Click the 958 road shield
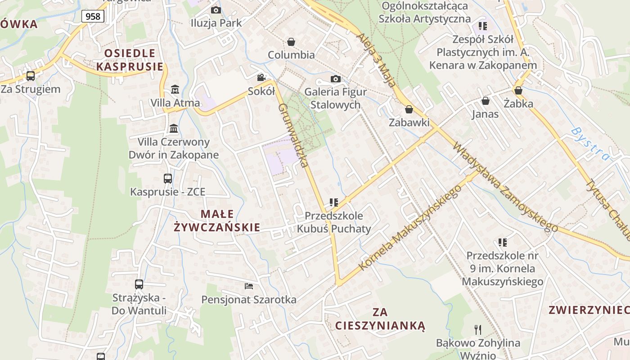(x=93, y=17)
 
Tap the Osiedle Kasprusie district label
(x=130, y=60)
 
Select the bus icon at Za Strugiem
(x=31, y=76)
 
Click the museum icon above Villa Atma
(x=175, y=89)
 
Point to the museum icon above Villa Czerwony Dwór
(x=174, y=129)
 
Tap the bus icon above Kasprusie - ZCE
(x=168, y=178)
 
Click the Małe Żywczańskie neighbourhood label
(x=217, y=220)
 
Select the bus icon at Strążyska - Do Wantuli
(x=139, y=284)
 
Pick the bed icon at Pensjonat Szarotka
(x=249, y=286)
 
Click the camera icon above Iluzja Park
(x=216, y=10)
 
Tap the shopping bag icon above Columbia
(x=291, y=42)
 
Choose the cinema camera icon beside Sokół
(x=261, y=78)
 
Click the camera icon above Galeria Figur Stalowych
(x=335, y=79)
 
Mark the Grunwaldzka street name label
(x=293, y=135)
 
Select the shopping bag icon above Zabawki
(x=409, y=109)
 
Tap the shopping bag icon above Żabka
(x=518, y=90)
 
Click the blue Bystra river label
(x=590, y=144)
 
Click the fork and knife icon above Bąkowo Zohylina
(x=478, y=329)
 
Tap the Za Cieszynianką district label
(x=380, y=319)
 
